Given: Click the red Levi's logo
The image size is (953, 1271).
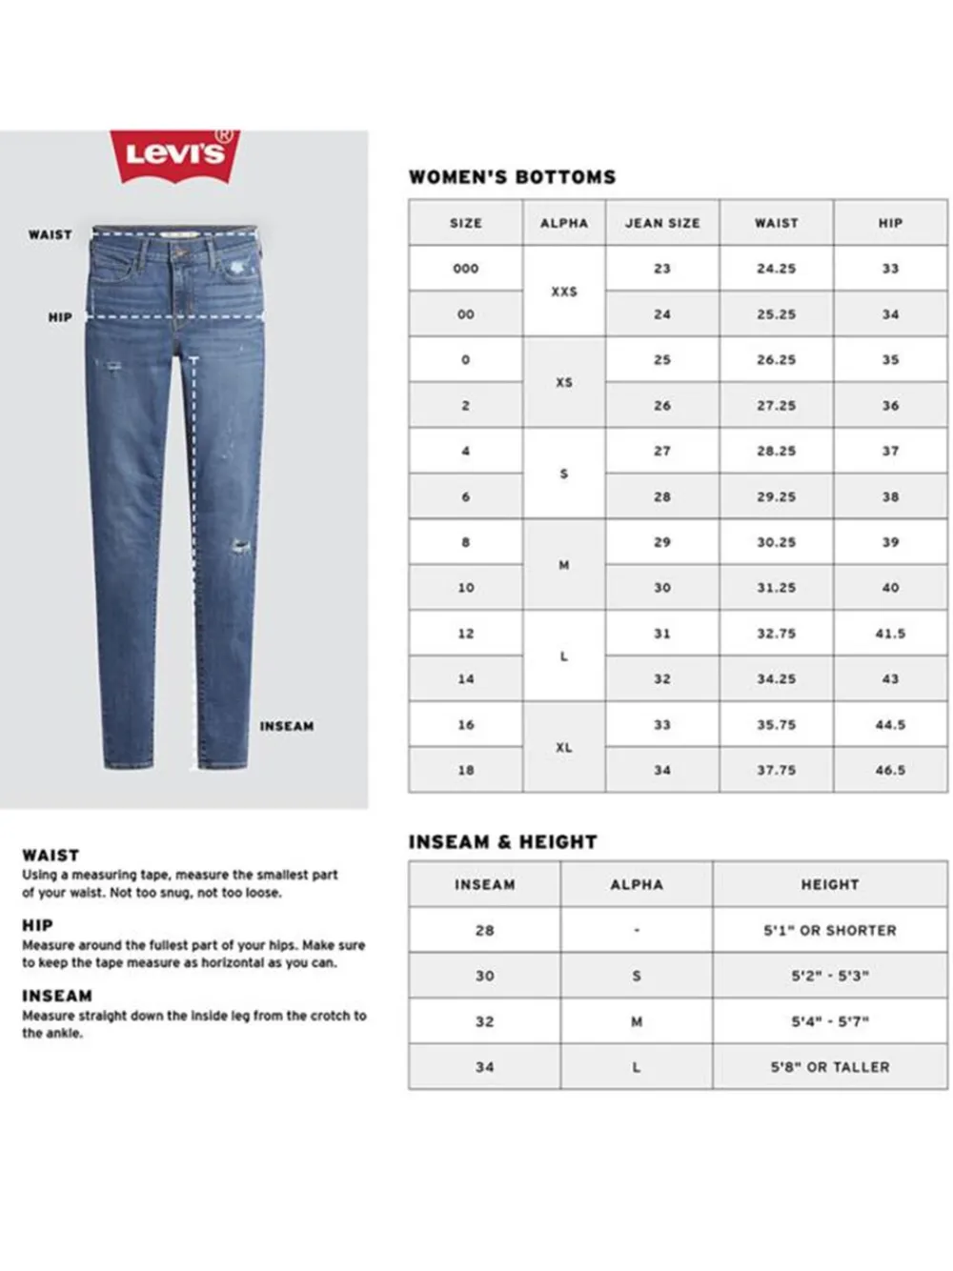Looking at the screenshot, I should click(175, 154).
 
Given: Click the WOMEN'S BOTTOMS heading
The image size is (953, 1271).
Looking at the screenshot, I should click(512, 177).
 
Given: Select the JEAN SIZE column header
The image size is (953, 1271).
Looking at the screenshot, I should click(662, 223).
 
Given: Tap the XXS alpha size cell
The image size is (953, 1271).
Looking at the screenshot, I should click(564, 292).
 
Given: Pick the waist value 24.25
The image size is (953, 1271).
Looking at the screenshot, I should click(776, 269).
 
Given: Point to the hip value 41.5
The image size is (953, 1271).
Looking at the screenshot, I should click(890, 634).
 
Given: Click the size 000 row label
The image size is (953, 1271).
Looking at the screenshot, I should click(466, 269).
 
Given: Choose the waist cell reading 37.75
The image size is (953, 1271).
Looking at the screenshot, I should click(776, 770).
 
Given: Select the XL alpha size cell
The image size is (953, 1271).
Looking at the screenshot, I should click(564, 748).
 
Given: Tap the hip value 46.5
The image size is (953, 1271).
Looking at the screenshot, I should click(890, 770).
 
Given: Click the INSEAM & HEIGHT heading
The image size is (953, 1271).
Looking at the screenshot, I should click(502, 842).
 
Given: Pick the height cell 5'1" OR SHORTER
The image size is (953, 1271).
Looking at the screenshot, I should click(829, 930).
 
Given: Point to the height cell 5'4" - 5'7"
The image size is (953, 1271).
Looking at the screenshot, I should click(829, 1021).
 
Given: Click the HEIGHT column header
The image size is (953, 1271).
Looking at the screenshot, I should click(829, 884).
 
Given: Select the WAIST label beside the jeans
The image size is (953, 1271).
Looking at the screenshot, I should click(50, 234).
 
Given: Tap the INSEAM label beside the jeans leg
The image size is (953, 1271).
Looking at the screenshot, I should click(286, 726).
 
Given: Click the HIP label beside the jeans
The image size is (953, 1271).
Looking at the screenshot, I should click(60, 317).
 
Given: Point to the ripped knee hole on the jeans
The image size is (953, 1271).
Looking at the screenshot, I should click(241, 547).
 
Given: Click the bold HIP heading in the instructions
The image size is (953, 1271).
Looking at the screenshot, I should click(37, 925).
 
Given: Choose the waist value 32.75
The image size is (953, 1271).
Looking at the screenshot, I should click(776, 634).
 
